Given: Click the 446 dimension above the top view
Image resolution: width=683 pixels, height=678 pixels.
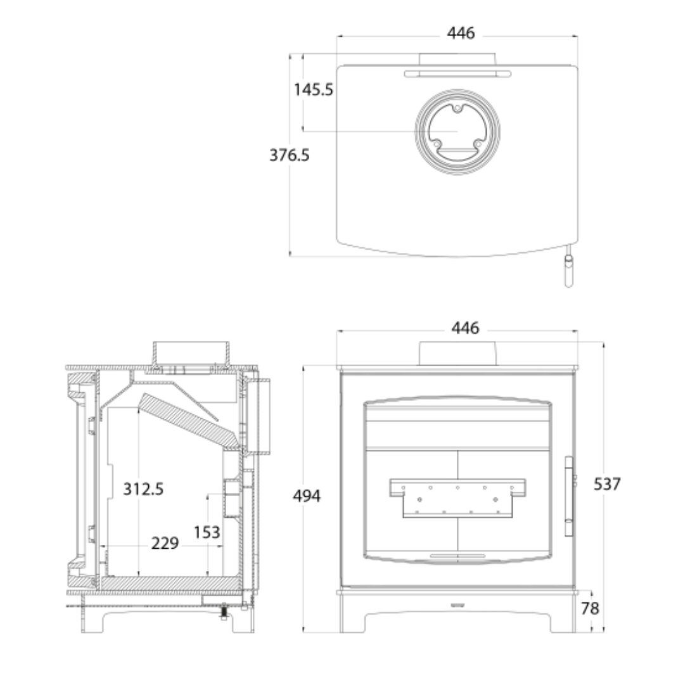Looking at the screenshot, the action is click(461, 33).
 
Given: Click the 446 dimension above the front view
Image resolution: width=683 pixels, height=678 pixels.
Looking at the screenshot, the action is click(465, 328).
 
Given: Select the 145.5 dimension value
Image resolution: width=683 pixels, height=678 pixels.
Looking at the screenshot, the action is click(313, 90).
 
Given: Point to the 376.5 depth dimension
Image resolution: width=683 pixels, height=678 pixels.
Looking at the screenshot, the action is click(289, 155).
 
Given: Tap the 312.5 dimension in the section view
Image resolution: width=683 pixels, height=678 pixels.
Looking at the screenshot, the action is click(143, 489).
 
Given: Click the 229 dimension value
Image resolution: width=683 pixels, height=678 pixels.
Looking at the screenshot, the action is click(165, 544).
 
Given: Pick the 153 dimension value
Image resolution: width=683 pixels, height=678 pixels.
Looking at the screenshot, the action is click(207, 532).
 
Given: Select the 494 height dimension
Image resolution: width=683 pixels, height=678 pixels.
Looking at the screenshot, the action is click(307, 496).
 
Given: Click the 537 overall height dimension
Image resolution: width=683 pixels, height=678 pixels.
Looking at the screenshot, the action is click(607, 484).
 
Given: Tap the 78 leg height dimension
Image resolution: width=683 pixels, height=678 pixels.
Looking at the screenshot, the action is click(590, 608).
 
